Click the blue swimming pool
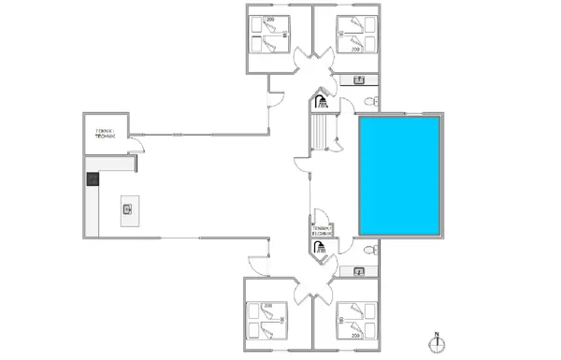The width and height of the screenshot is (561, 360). [x=399, y=177]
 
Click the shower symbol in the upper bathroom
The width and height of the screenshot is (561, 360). [x=321, y=98]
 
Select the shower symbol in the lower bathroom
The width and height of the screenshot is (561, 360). [x=321, y=248]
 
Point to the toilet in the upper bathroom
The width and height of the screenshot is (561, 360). [x=371, y=100]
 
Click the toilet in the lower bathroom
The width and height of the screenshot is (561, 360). [x=371, y=250]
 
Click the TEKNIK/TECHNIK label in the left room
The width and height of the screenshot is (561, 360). [x=105, y=134]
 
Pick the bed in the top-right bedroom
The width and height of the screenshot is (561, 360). [x=358, y=37]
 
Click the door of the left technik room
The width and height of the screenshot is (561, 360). [x=137, y=145]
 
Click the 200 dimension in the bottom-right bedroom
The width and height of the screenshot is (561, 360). [x=356, y=335]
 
